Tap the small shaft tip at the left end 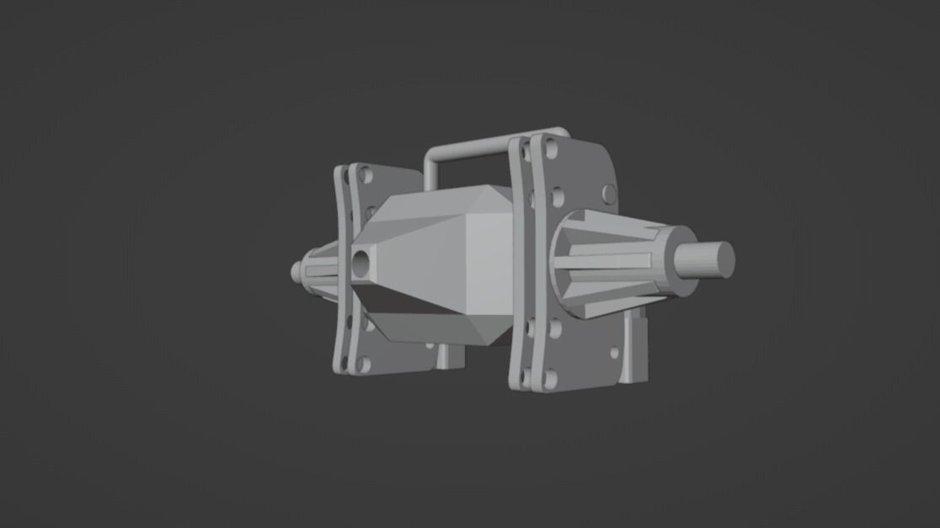pyautogui.click(x=296, y=272)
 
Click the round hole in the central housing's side pyautogui.click(x=362, y=264)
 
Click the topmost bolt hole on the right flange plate pyautogui.click(x=551, y=151)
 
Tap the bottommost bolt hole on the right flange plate pyautogui.click(x=550, y=379)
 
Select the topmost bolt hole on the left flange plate pyautogui.click(x=366, y=176)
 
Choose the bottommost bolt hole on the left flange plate pyautogui.click(x=363, y=364)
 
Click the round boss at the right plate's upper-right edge pyautogui.click(x=609, y=195)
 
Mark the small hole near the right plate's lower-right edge pyautogui.click(x=614, y=353)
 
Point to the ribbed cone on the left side pyautogui.click(x=320, y=270)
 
